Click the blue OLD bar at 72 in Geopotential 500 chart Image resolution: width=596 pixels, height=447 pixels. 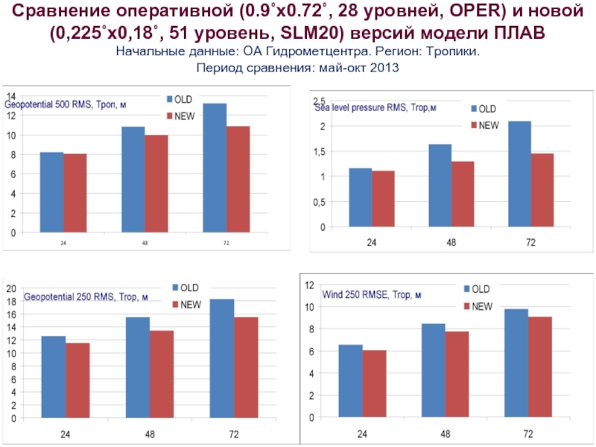[x=215, y=168]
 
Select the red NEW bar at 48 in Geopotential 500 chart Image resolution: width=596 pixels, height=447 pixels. [x=156, y=183]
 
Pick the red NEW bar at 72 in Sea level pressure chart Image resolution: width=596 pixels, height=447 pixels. [x=543, y=190]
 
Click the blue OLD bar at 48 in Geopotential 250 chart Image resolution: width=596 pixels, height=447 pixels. [x=137, y=367]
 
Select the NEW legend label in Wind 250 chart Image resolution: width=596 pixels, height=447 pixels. [x=482, y=306]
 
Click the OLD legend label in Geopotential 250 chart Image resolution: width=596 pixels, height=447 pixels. [x=190, y=288]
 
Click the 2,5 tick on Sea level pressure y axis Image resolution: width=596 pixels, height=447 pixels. [x=319, y=101]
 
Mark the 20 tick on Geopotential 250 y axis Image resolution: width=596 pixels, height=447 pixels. [x=10, y=288]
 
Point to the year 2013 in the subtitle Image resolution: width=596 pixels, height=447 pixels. [x=384, y=68]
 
